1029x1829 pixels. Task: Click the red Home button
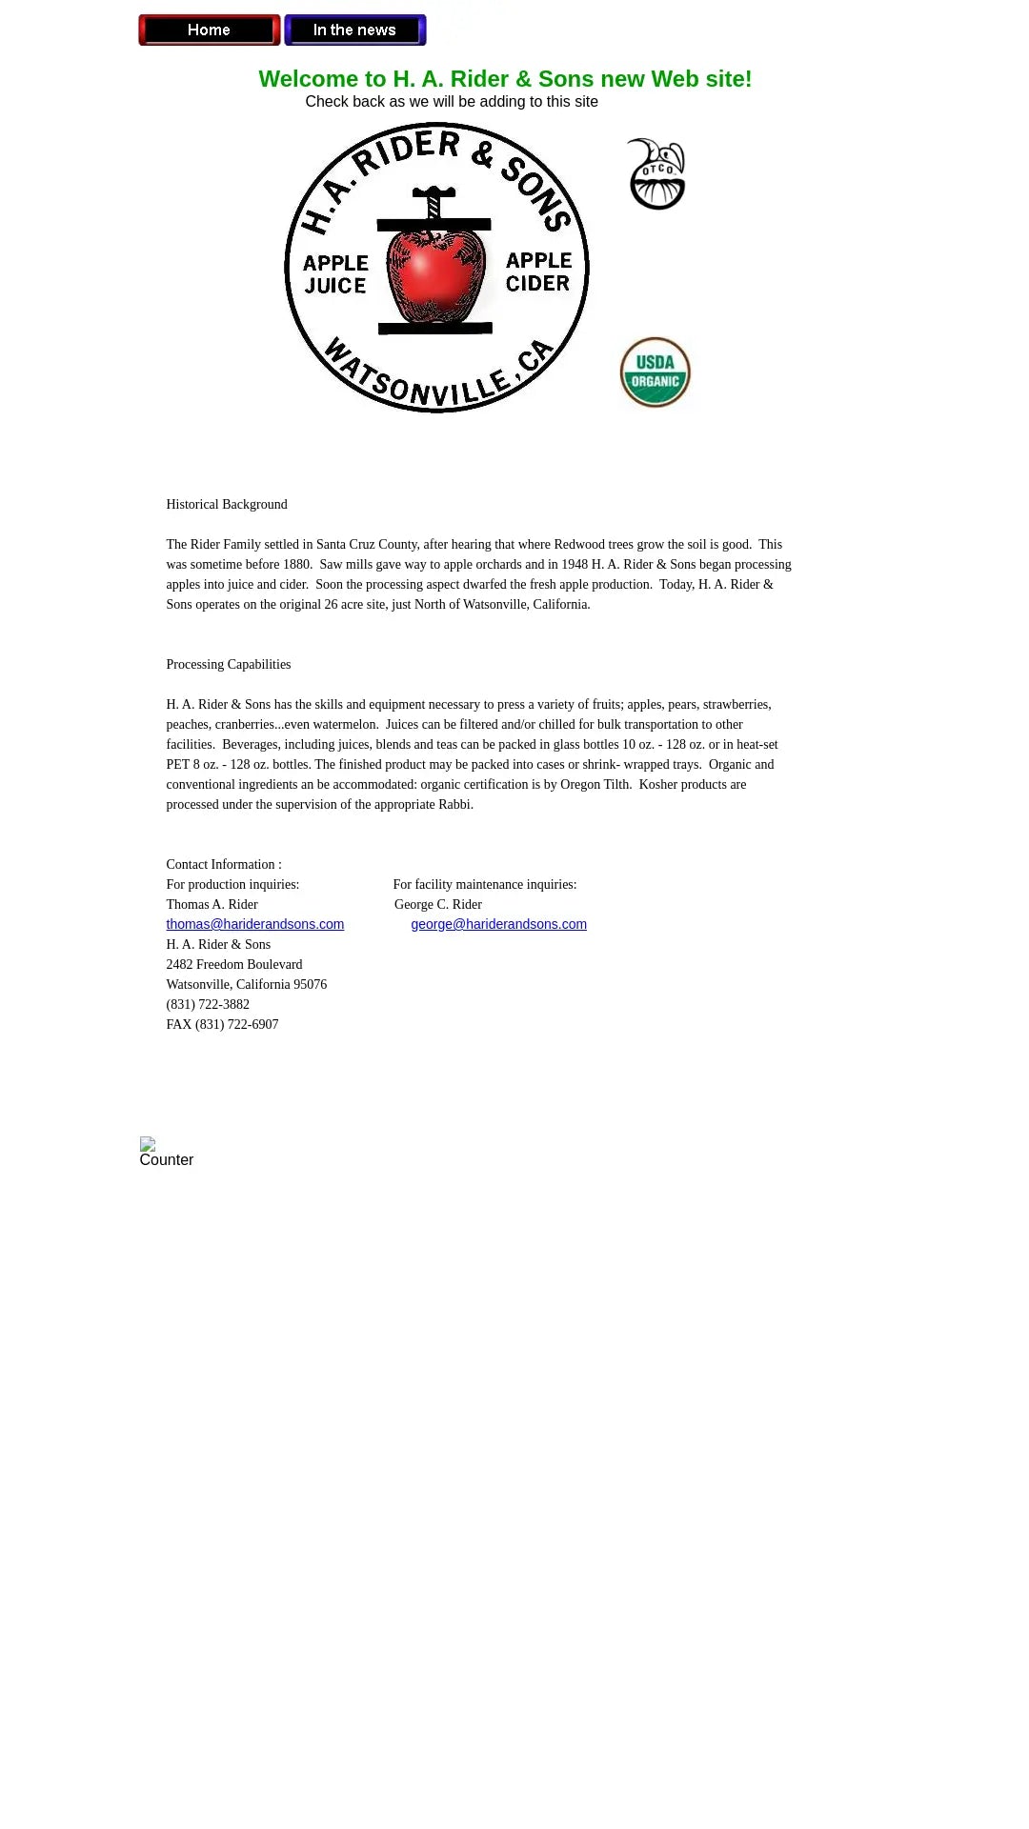[210, 30]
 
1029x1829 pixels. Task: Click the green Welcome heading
[505, 79]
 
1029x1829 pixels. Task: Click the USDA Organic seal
[656, 372]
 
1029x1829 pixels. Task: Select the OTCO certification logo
[657, 175]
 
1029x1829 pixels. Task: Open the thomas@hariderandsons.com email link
[255, 924]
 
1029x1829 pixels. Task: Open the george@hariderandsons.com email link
[498, 924]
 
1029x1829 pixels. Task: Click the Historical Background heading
[227, 505]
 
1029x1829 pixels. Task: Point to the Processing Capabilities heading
[229, 665]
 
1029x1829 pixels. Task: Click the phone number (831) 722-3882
[208, 1005]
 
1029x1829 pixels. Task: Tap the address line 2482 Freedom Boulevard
[234, 965]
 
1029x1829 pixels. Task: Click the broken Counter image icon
[148, 1144]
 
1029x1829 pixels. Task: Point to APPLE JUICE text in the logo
[335, 274]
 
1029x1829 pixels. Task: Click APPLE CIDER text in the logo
[538, 272]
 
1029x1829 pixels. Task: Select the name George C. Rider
[438, 905]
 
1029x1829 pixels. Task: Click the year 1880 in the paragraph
[297, 565]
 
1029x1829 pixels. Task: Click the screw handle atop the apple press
[434, 193]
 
